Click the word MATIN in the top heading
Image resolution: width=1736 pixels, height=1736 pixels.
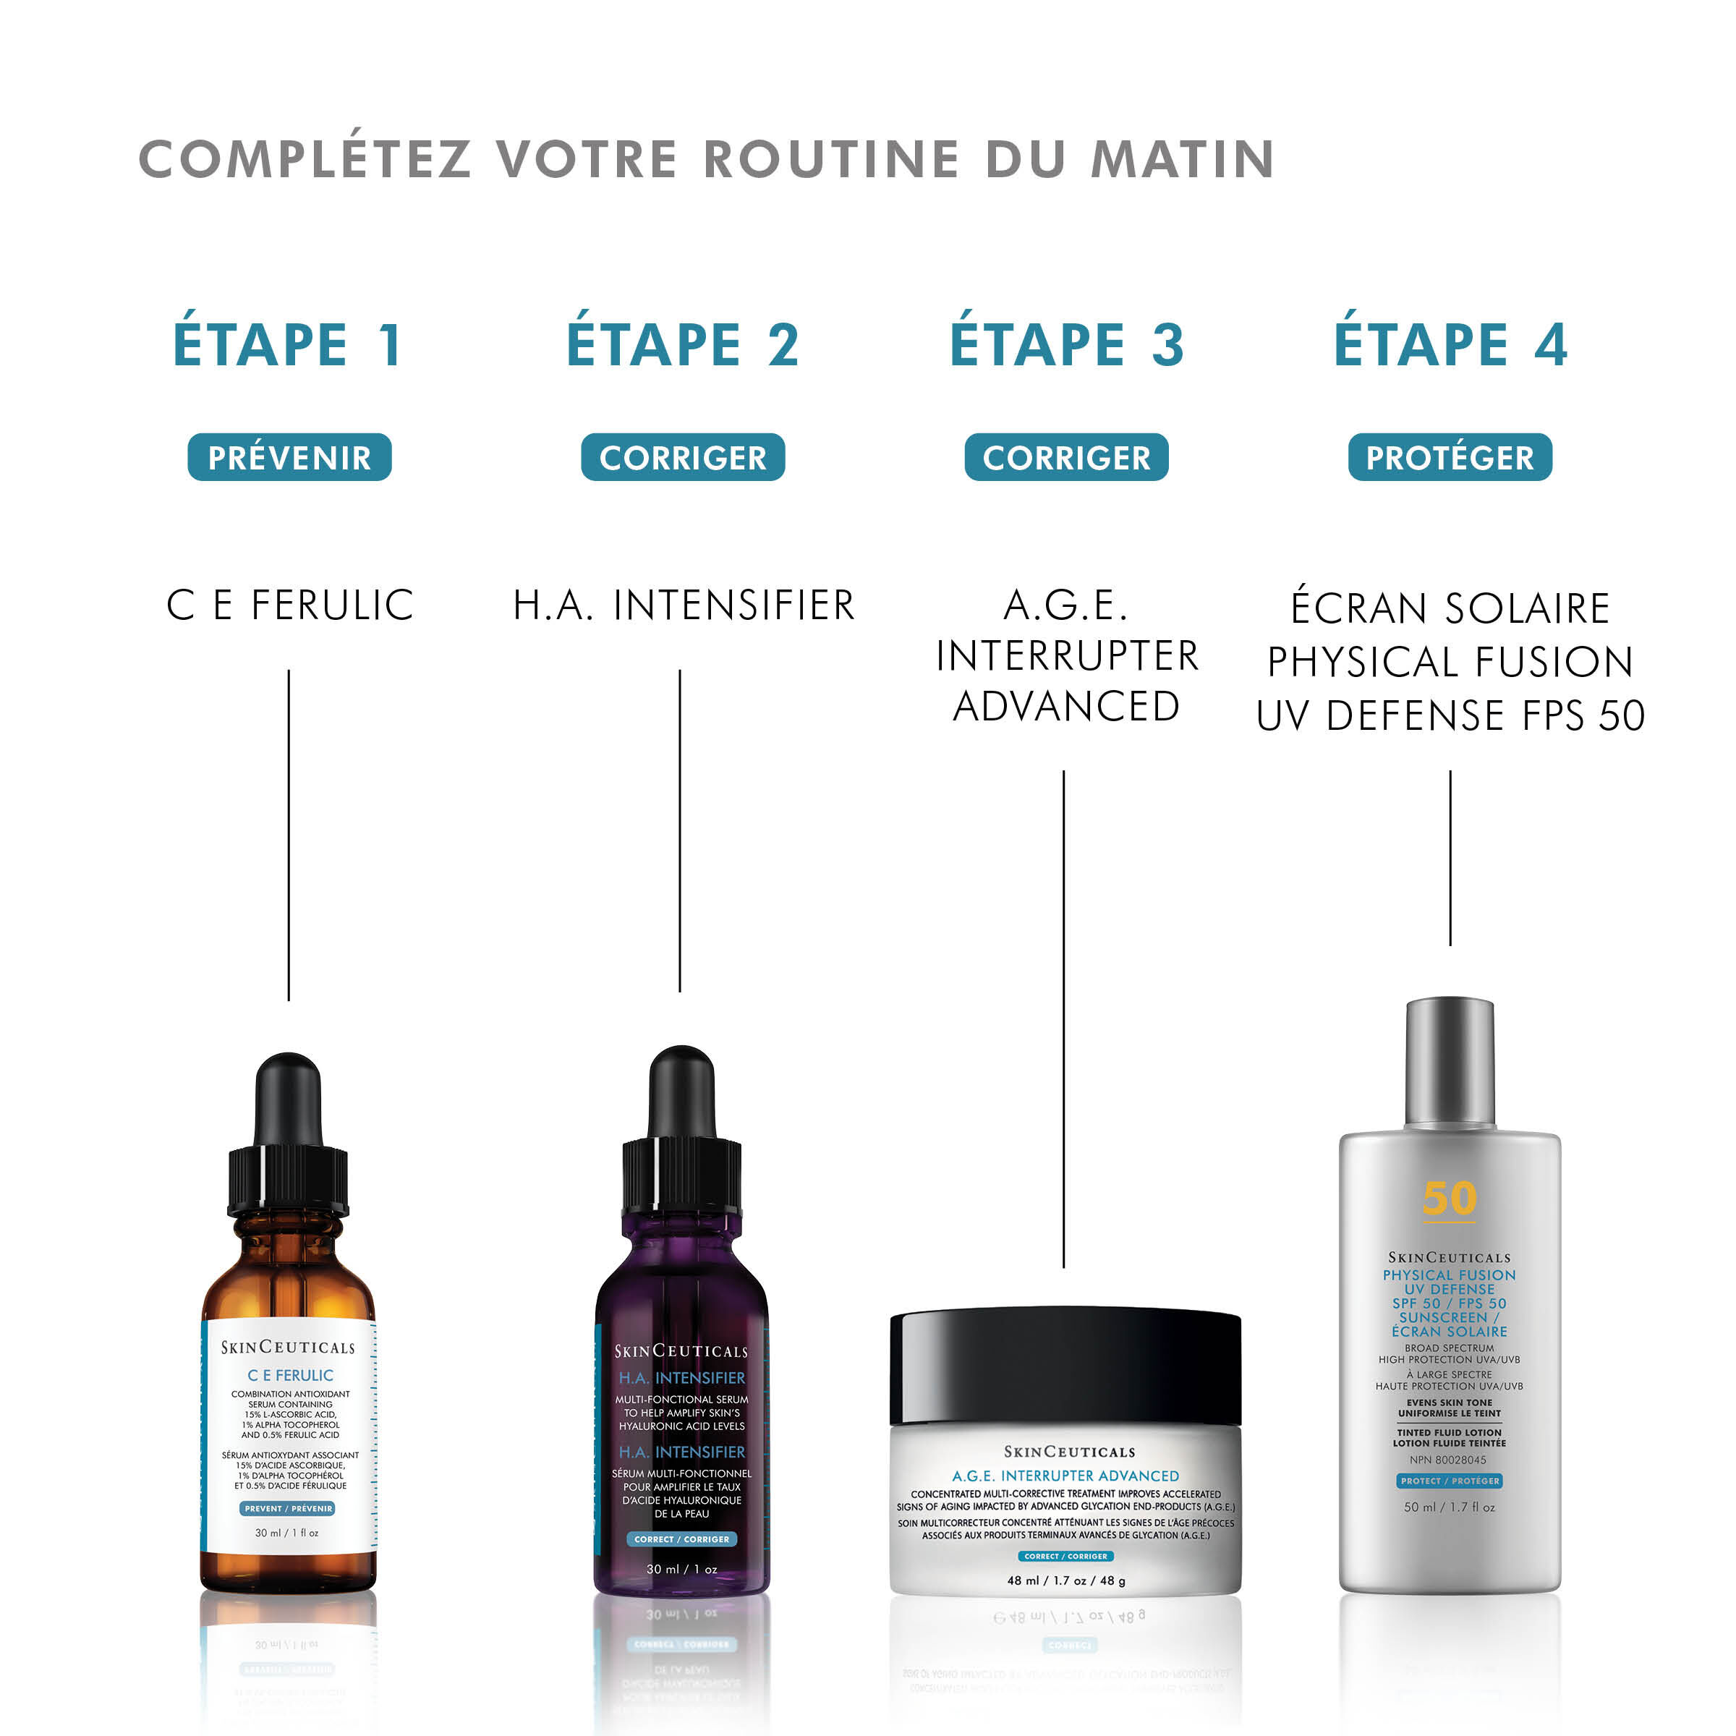point(1183,159)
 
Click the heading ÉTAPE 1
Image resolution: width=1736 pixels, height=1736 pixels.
point(288,344)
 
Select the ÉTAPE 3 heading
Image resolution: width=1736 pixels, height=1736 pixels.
point(1067,344)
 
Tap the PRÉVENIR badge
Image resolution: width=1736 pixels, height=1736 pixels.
point(289,457)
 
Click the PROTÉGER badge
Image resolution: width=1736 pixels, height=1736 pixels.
point(1450,457)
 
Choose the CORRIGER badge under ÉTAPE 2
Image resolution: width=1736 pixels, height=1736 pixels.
point(683,457)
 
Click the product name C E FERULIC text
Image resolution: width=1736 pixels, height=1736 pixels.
point(289,605)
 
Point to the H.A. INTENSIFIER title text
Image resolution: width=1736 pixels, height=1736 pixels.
point(683,605)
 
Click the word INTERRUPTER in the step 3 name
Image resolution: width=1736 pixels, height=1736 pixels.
point(1067,656)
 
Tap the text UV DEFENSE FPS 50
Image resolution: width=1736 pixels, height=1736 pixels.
point(1450,716)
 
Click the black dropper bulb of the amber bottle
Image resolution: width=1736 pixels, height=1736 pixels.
point(289,1101)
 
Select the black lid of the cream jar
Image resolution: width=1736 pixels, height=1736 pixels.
point(1065,1366)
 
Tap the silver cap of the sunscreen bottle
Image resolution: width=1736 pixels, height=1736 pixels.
point(1450,1060)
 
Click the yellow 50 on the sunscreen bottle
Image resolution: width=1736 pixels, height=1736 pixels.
point(1450,1198)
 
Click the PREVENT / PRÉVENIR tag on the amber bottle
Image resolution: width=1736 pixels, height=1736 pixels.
point(288,1509)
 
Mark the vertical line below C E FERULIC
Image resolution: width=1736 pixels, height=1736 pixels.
point(289,835)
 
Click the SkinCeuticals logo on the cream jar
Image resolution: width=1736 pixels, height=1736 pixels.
point(1068,1452)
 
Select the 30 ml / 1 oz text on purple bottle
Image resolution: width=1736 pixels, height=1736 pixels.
point(681,1569)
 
